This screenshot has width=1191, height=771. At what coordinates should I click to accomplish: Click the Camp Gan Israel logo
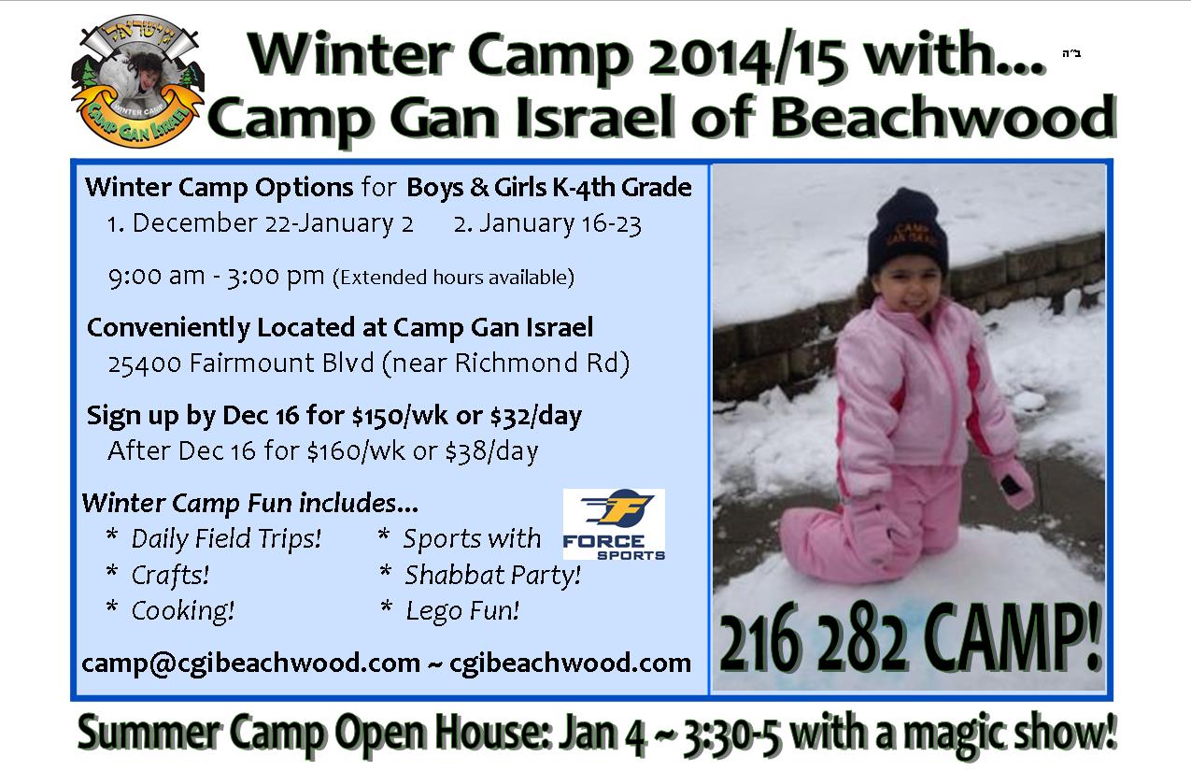tap(137, 81)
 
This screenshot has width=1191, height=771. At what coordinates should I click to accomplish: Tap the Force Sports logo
tap(614, 524)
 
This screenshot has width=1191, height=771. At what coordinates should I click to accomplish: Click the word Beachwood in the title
tap(943, 118)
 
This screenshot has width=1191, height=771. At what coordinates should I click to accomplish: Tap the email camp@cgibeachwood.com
tap(251, 664)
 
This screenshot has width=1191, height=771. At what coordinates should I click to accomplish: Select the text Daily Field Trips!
tap(226, 538)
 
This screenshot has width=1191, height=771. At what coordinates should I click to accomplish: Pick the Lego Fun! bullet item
tap(462, 611)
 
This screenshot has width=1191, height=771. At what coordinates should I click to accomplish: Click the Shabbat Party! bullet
tap(492, 575)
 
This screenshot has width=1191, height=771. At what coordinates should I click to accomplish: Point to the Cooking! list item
tap(183, 611)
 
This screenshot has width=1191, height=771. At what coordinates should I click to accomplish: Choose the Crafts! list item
tap(170, 575)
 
